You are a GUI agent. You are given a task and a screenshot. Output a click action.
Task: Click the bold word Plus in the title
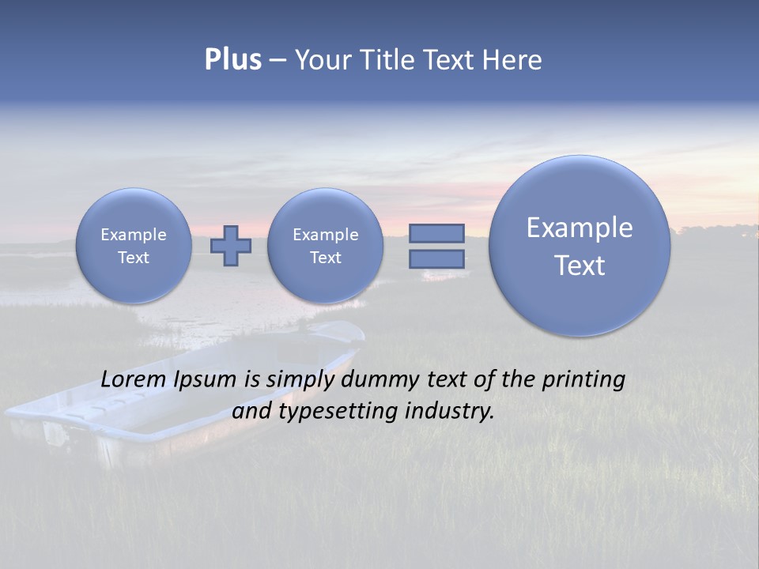(x=232, y=60)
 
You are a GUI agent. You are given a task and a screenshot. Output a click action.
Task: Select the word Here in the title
(x=513, y=60)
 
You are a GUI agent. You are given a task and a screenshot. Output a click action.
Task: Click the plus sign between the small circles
(x=231, y=246)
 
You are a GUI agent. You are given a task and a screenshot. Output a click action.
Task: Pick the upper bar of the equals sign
(x=436, y=233)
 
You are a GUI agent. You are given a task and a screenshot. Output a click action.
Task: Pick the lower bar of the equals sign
(x=436, y=259)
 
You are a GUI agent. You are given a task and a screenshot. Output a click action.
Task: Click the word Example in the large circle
(x=580, y=228)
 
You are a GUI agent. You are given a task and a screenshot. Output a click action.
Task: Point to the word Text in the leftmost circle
(x=134, y=258)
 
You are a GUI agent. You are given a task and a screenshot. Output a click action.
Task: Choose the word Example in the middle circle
(x=325, y=235)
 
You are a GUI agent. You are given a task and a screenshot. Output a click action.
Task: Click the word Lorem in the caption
(x=130, y=379)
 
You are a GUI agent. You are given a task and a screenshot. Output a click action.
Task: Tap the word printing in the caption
(x=583, y=379)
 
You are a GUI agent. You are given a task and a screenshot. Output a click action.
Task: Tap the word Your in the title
(x=321, y=60)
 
